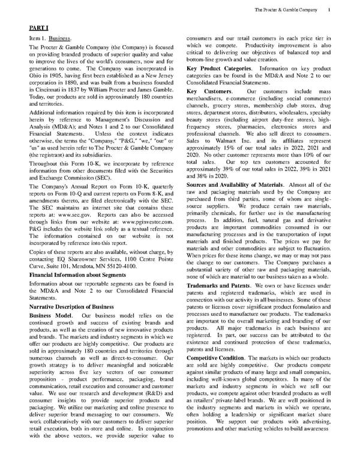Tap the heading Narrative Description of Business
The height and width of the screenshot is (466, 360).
pyautogui.click(x=71, y=306)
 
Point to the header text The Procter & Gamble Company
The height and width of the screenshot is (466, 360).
pyautogui.click(x=286, y=10)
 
